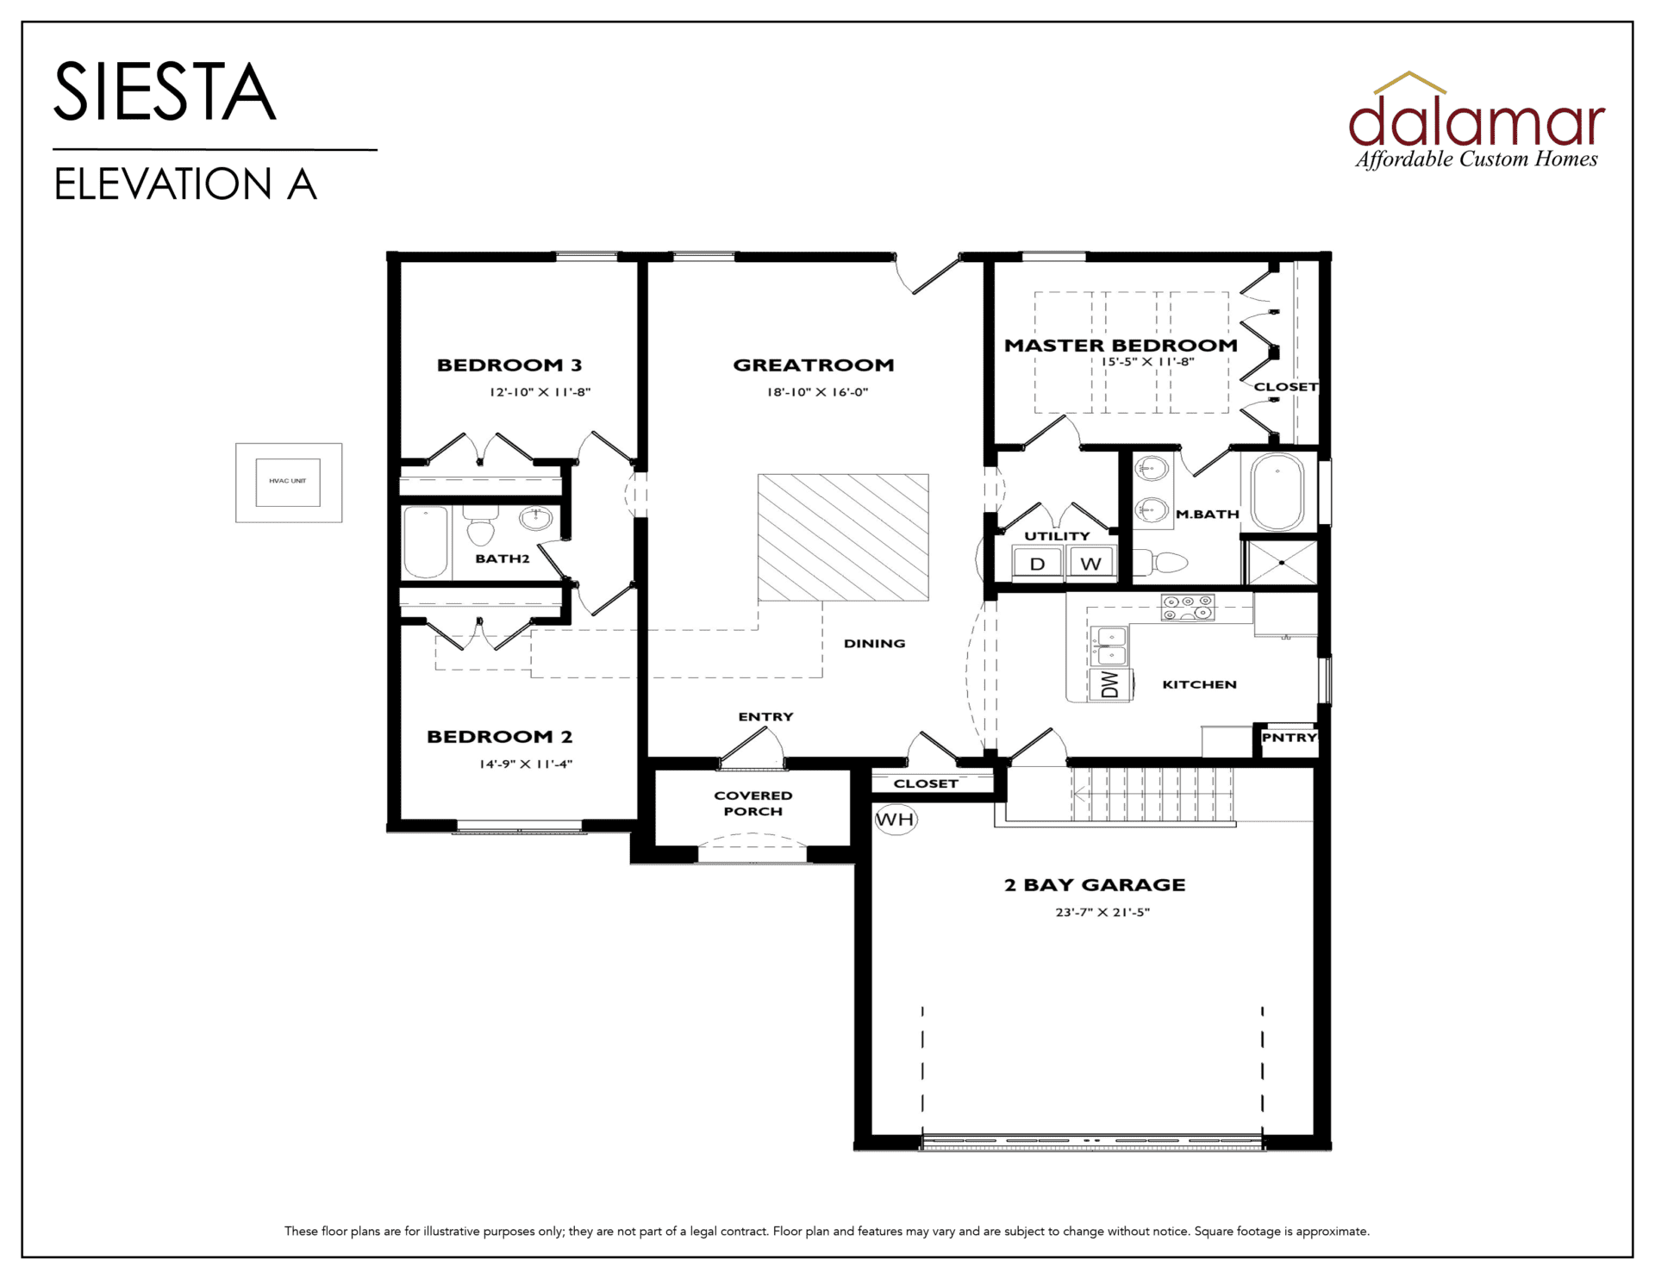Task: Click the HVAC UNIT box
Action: (x=289, y=483)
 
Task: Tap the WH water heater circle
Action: (x=896, y=819)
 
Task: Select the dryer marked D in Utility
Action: (x=1038, y=564)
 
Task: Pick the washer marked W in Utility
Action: (x=1091, y=564)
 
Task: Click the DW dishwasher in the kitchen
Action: (x=1110, y=684)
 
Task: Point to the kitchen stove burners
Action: (x=1188, y=608)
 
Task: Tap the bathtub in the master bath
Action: (x=1277, y=492)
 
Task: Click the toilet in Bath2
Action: (x=481, y=526)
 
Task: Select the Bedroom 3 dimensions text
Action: (x=540, y=392)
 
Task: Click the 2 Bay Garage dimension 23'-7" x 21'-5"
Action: (x=1102, y=912)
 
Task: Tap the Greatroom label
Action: (x=814, y=365)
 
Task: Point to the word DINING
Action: (x=874, y=643)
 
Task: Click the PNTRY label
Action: (x=1290, y=738)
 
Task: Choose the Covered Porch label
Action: (x=753, y=803)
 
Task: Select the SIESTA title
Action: (x=165, y=91)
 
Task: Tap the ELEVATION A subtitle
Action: (x=185, y=184)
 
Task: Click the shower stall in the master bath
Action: (x=1282, y=563)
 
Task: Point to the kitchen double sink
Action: (x=1110, y=646)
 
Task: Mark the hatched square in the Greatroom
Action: (x=843, y=537)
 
